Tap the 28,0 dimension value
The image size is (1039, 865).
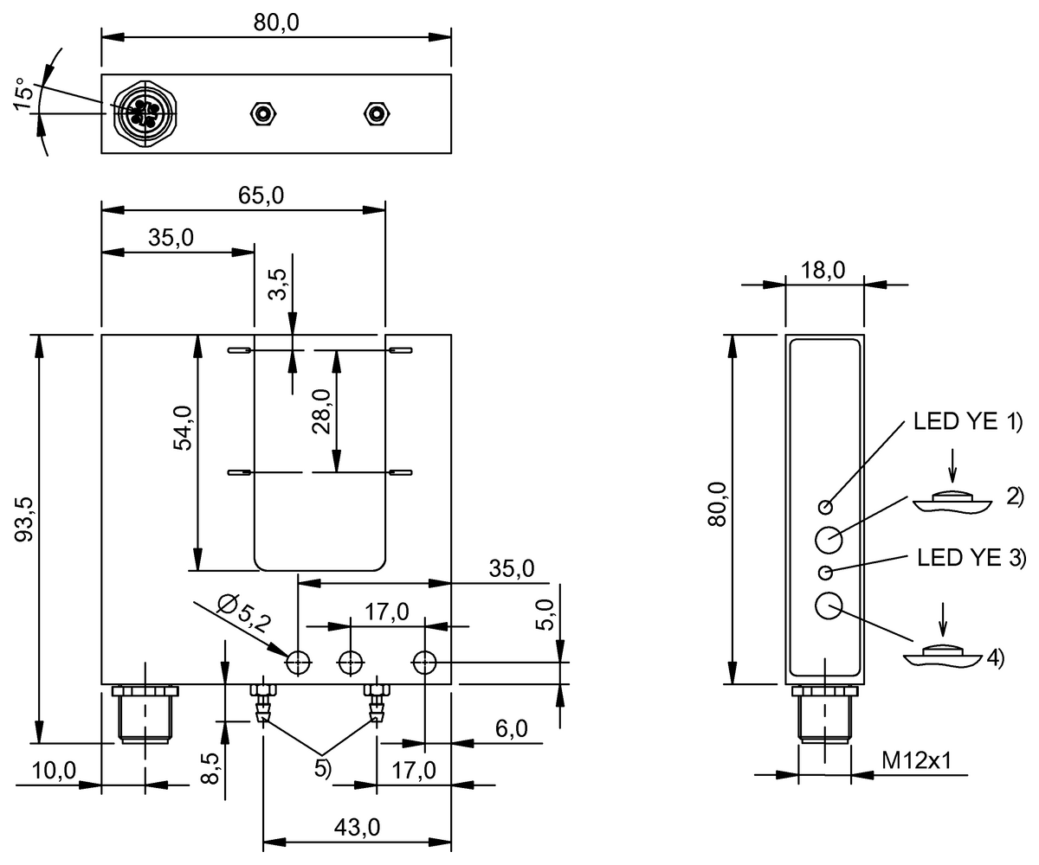click(x=322, y=412)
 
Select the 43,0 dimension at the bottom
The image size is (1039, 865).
click(x=356, y=827)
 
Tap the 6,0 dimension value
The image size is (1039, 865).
click(x=511, y=729)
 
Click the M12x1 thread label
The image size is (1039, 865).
click(x=917, y=761)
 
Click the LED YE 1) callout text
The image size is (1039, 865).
click(x=968, y=424)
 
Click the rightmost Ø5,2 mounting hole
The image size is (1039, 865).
click(x=424, y=663)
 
